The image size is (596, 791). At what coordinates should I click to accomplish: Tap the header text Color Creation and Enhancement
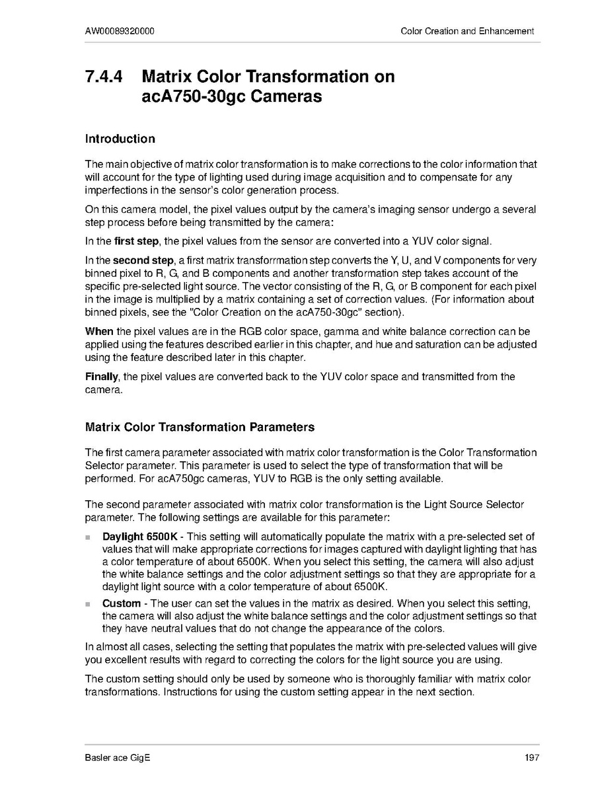coord(467,31)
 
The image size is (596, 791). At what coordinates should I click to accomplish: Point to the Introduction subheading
coord(120,139)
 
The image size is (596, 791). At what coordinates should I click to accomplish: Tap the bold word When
coord(99,330)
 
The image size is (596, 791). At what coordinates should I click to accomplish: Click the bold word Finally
coord(102,377)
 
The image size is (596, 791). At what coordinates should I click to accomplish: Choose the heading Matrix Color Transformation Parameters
coord(200,427)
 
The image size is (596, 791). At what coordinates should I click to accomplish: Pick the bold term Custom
coord(122,603)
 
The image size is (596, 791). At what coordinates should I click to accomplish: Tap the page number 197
coord(533,757)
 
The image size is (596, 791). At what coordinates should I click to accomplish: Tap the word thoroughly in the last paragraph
coord(350,679)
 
